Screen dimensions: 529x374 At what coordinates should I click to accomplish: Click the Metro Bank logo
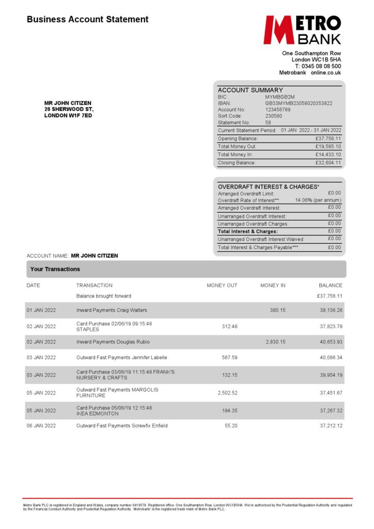coord(302,29)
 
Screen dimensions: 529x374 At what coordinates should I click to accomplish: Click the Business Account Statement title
coord(87,20)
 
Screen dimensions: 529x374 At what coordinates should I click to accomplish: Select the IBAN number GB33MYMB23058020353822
coord(299,103)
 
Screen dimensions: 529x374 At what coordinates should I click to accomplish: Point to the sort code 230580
coord(274,116)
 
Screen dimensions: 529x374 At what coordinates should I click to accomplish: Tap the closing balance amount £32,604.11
coord(328,163)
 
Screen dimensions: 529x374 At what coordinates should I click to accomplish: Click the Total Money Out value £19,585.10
coord(328,147)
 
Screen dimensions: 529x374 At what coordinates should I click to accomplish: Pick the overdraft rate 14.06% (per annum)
coord(318,200)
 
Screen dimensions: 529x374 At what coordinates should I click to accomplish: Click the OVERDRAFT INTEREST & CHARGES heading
coord(268,186)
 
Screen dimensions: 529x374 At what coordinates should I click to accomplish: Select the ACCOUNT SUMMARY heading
coord(250,90)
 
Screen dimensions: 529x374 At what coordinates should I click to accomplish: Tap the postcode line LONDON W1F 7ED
coord(68,116)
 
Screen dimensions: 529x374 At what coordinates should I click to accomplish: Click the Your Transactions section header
coord(55,269)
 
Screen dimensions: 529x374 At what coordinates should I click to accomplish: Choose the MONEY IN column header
coord(273,285)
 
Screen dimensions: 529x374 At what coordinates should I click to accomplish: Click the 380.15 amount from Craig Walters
coord(277,310)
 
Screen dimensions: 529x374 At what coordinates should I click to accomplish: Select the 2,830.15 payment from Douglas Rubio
coord(275,342)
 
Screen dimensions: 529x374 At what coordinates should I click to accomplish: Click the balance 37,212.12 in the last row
coord(331,426)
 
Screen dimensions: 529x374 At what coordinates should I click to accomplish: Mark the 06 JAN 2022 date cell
coord(41,426)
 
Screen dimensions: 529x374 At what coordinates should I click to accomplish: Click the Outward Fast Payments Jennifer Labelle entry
coord(121,357)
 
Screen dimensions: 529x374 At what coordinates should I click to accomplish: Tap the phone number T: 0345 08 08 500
coord(318,66)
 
